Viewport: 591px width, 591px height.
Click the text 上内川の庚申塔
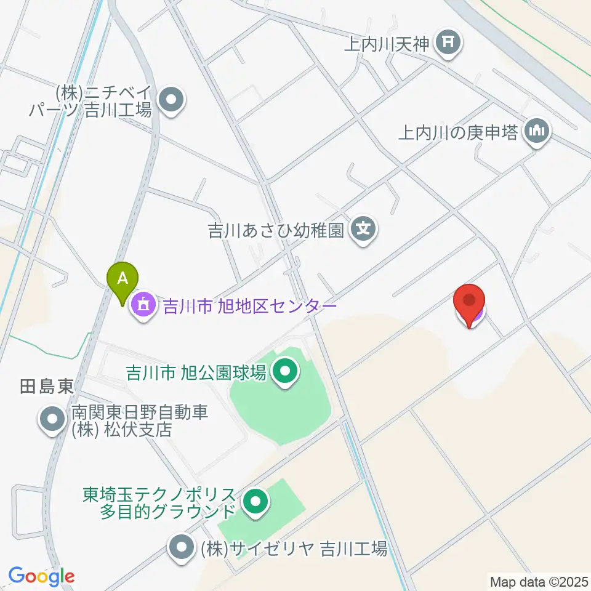(457, 132)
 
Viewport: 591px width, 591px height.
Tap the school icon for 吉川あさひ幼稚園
(364, 231)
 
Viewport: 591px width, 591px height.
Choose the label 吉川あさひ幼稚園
(275, 231)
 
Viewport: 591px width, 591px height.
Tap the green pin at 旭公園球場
(284, 371)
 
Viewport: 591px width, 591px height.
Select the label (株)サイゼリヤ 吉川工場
(293, 547)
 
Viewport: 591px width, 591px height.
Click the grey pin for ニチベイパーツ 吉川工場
(171, 102)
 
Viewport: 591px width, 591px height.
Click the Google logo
(41, 576)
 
